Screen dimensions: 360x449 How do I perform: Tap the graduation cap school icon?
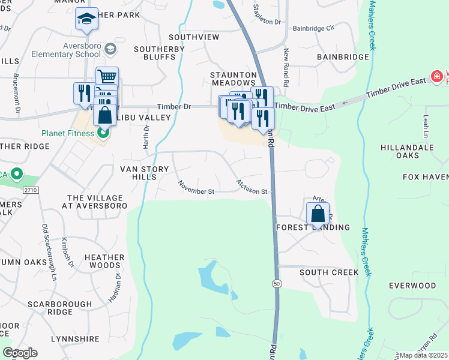tap(86, 20)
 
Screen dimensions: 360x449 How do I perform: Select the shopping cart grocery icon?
tap(107, 77)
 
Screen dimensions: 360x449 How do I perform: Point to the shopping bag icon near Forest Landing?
tap(318, 213)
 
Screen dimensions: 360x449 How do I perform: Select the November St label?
tap(195, 188)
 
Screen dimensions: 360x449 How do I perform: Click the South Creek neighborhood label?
tap(329, 272)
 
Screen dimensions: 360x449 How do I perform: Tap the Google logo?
tap(20, 353)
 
